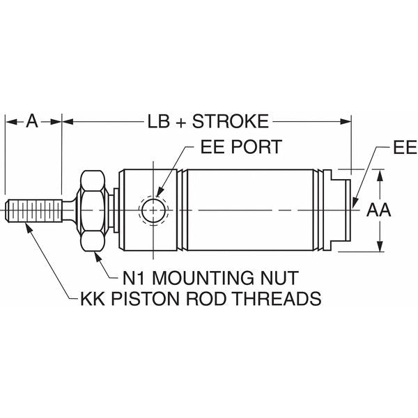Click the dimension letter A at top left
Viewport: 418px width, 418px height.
pyautogui.click(x=32, y=121)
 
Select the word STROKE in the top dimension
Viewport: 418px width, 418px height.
pyautogui.click(x=230, y=121)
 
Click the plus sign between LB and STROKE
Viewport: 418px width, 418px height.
pyautogui.click(x=180, y=121)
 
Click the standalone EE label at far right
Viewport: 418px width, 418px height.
pyautogui.click(x=404, y=148)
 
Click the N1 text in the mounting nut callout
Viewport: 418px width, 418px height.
pyautogui.click(x=135, y=277)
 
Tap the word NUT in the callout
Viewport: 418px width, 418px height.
pyautogui.click(x=280, y=277)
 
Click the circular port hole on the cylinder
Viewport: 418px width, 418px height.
pyautogui.click(x=153, y=210)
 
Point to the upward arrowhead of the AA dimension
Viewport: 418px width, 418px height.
pyautogui.click(x=380, y=174)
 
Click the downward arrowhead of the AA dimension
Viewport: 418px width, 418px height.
pyautogui.click(x=380, y=246)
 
